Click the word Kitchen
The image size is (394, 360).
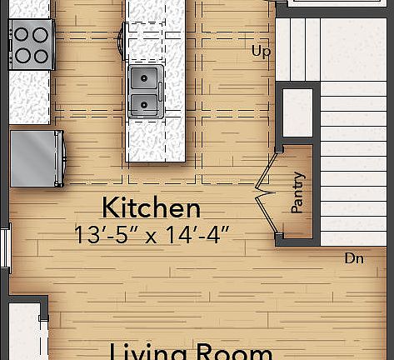pos(151,207)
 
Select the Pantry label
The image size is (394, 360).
pos(297,192)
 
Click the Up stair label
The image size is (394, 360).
pos(261,52)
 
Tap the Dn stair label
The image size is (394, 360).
pos(354,259)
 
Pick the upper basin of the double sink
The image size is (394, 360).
pos(146,80)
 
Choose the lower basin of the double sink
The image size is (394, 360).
pos(146,105)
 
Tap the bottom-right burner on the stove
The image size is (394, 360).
pos(40,56)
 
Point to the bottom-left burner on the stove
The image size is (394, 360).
pos(21,56)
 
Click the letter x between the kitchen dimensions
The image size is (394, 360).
pos(152,237)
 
